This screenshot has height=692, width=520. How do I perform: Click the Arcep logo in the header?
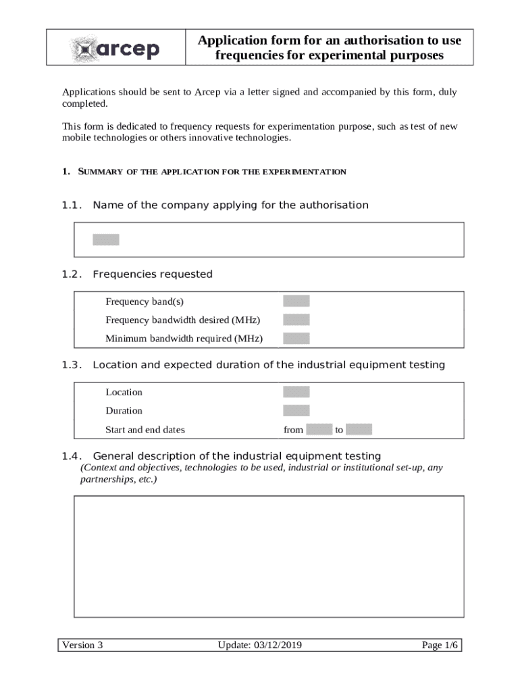pyautogui.click(x=115, y=48)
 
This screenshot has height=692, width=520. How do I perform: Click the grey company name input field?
pyautogui.click(x=106, y=239)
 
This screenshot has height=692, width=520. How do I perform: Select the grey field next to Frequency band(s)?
pyautogui.click(x=296, y=301)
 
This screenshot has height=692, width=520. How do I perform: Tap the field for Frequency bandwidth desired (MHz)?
pyautogui.click(x=296, y=320)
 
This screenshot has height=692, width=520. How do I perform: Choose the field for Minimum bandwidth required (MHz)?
pyautogui.click(x=296, y=338)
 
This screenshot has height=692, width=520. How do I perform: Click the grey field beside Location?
pyautogui.click(x=296, y=392)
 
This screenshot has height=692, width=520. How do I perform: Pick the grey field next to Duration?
pyautogui.click(x=296, y=410)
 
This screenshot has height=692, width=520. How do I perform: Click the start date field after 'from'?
pyautogui.click(x=319, y=429)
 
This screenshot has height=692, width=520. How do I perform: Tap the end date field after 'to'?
pyautogui.click(x=359, y=429)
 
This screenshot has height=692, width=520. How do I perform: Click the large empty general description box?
pyautogui.click(x=269, y=556)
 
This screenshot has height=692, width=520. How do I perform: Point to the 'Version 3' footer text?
pyautogui.click(x=82, y=645)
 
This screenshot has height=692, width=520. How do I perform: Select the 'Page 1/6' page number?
pyautogui.click(x=440, y=645)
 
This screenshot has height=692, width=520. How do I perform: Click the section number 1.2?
pyautogui.click(x=72, y=274)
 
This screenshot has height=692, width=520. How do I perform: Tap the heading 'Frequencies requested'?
pyautogui.click(x=153, y=274)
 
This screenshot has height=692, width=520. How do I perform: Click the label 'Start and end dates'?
pyautogui.click(x=145, y=430)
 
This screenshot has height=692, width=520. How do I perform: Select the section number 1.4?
pyautogui.click(x=72, y=456)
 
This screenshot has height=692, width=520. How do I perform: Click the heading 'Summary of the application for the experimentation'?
pyautogui.click(x=212, y=172)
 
